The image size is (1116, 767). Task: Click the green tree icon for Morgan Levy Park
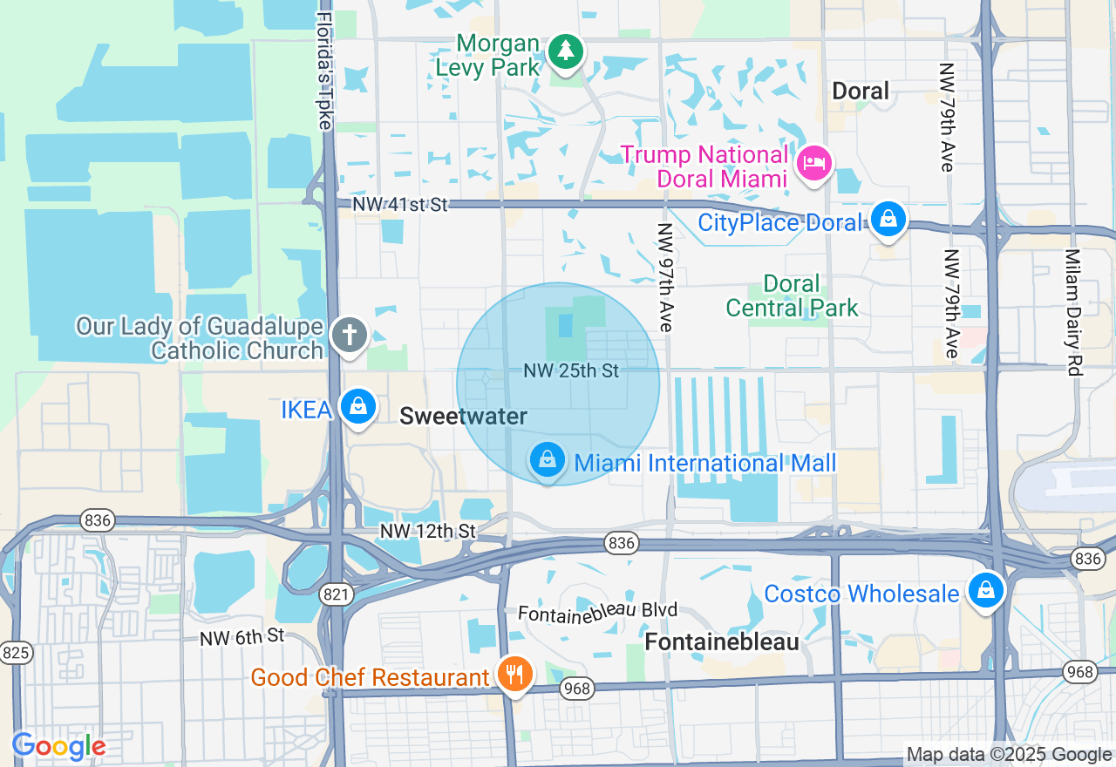[566, 51]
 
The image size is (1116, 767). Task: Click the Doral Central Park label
[792, 296]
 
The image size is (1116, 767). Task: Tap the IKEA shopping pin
[357, 406]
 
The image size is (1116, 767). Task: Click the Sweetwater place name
[463, 417]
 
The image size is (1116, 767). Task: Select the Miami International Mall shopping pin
[548, 458]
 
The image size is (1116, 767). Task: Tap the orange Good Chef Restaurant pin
[515, 673]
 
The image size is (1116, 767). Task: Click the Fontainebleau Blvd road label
[597, 612]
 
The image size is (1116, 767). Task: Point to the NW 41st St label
[400, 205]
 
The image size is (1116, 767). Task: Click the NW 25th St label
[571, 371]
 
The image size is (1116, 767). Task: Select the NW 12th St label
[427, 531]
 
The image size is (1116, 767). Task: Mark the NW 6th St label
[242, 637]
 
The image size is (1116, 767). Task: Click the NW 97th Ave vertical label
[666, 277]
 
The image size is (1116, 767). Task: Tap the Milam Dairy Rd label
[1072, 312]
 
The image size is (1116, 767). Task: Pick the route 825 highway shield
[16, 652]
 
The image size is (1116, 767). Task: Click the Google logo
[58, 746]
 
